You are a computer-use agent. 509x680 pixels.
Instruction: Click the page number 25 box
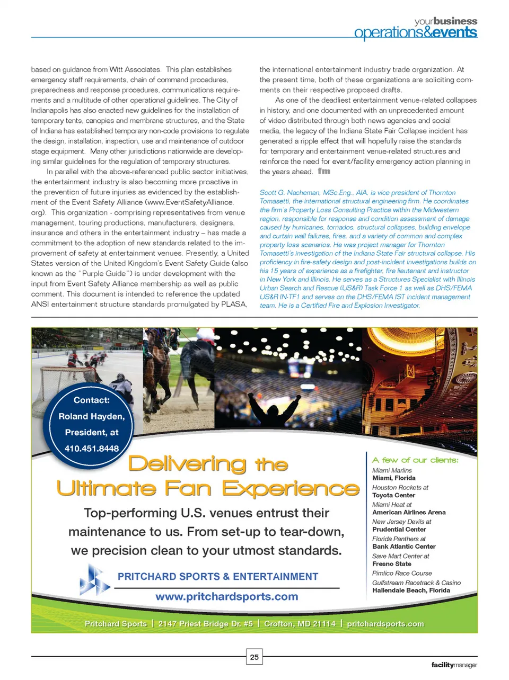[254, 657]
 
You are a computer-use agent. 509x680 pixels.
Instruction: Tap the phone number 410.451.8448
[92, 449]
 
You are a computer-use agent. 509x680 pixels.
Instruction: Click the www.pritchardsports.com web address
[226, 597]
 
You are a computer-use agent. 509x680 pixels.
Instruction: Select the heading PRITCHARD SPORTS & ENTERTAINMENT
[218, 577]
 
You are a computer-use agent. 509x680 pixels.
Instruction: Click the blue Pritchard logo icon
[94, 580]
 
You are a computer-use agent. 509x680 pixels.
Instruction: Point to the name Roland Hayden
[92, 416]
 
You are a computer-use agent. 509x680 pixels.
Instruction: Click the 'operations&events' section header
[415, 33]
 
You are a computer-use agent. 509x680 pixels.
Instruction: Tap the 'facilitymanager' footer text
[454, 665]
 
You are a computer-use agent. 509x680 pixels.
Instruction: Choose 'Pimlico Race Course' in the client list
[402, 573]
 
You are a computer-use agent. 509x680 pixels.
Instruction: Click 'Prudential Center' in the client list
[399, 529]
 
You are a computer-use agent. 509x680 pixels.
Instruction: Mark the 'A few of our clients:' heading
[415, 460]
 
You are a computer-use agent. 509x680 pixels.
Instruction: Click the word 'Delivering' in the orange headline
[187, 464]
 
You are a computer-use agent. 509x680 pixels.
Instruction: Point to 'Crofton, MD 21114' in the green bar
[300, 624]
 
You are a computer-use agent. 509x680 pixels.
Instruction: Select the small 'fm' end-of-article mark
[323, 171]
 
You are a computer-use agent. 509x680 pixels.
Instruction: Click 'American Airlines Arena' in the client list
[409, 512]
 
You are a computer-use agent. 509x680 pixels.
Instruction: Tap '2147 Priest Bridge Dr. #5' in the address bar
[205, 624]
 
